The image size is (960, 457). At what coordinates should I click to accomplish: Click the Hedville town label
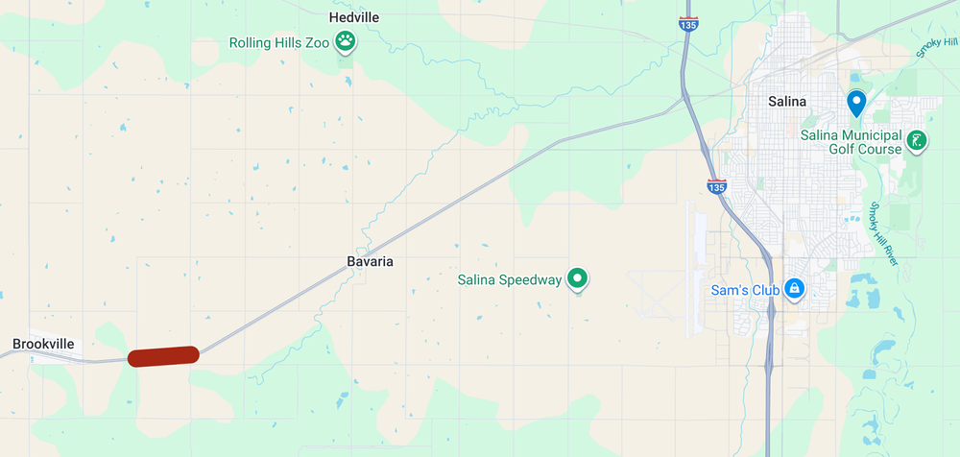(x=353, y=17)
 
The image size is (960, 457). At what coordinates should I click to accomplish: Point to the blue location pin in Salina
(x=855, y=102)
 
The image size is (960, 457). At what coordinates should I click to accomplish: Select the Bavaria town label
(x=370, y=261)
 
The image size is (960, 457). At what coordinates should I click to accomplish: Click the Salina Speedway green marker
(x=577, y=278)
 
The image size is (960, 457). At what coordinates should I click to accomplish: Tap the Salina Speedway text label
(x=509, y=280)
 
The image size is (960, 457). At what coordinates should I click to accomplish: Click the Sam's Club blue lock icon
(x=794, y=288)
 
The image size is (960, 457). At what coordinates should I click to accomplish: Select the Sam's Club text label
(x=743, y=289)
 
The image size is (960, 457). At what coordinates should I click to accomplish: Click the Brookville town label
(x=43, y=343)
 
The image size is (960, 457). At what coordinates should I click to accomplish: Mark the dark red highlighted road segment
(x=163, y=356)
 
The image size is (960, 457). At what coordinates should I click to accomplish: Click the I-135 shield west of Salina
(x=715, y=186)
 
